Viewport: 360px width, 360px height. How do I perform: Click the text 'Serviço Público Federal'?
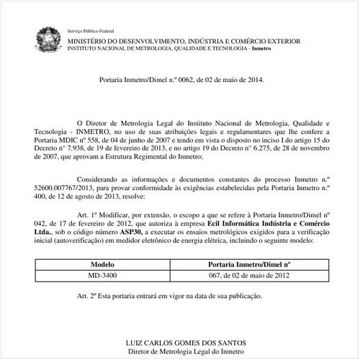[x=89, y=32]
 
